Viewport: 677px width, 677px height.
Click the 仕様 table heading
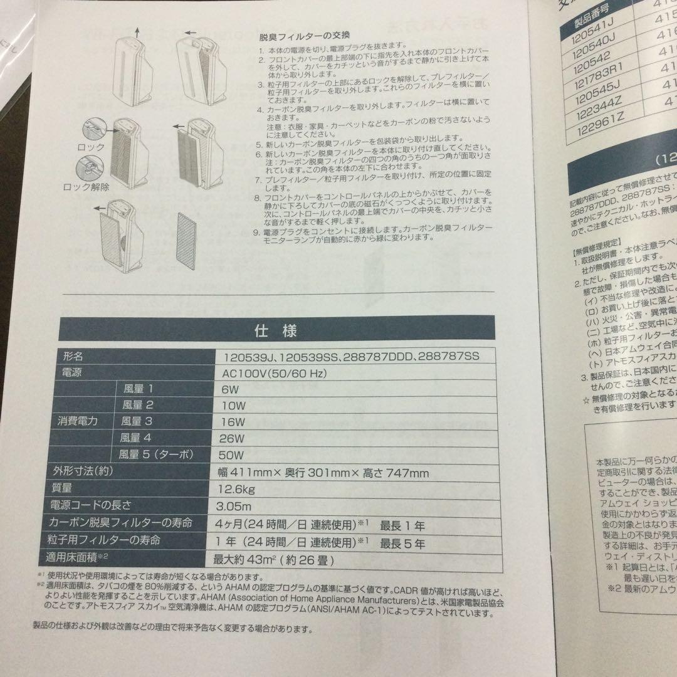[x=275, y=330]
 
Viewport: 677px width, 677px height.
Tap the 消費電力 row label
[x=75, y=421]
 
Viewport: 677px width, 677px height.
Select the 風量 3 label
[x=138, y=421]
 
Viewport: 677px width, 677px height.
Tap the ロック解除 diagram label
[x=87, y=187]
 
